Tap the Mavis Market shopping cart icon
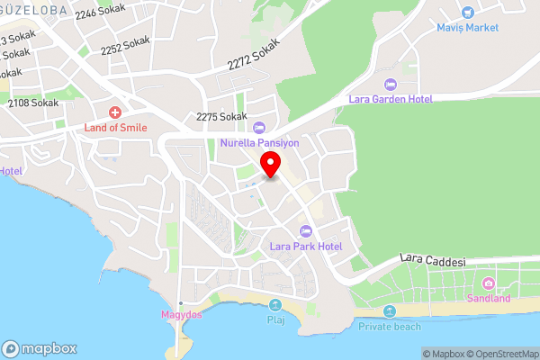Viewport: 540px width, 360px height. click(x=467, y=13)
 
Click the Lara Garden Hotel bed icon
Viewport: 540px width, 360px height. click(x=390, y=85)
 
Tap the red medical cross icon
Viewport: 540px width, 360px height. click(x=115, y=112)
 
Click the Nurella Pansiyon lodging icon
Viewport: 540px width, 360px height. click(x=259, y=128)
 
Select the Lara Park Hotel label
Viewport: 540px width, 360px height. click(x=306, y=246)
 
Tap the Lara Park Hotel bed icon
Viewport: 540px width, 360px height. click(x=306, y=231)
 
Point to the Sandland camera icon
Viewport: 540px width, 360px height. click(x=490, y=283)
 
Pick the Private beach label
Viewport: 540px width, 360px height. click(x=390, y=326)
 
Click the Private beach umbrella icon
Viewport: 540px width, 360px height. click(x=390, y=311)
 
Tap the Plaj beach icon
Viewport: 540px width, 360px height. click(x=275, y=304)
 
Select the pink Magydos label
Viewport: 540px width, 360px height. click(x=181, y=315)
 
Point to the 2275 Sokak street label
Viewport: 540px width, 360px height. click(x=221, y=117)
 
